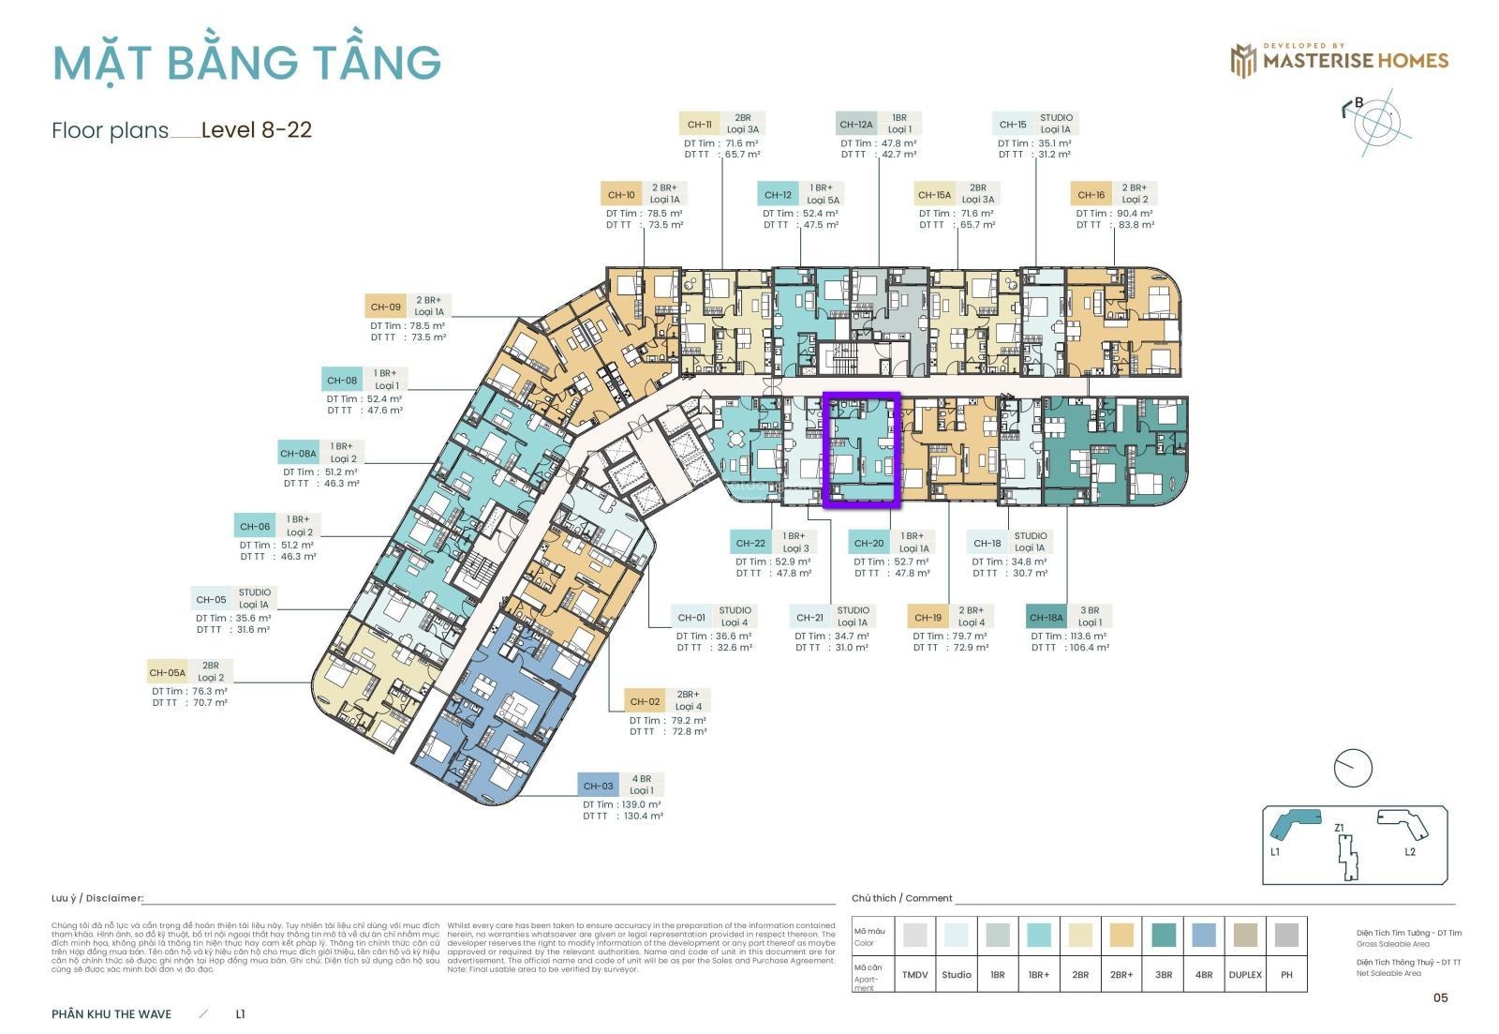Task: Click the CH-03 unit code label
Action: pos(598,786)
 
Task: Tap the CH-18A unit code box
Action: pos(1046,617)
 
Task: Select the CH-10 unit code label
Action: pos(621,195)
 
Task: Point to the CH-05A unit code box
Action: pos(168,672)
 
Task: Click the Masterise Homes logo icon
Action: pos(1243,61)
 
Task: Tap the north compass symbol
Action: pos(1377,121)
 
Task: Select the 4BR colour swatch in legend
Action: pos(1204,935)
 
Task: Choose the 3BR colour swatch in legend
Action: pos(1163,935)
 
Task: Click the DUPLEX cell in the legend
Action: pos(1245,974)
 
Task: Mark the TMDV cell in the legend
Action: pos(914,974)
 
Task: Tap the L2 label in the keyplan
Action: pos(1410,851)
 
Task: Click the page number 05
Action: pos(1440,997)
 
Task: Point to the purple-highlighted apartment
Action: pos(861,450)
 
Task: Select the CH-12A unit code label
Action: pos(856,124)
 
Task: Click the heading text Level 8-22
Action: pos(256,129)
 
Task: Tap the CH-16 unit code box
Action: pos(1091,195)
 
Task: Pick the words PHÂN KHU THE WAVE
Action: pos(111,1013)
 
